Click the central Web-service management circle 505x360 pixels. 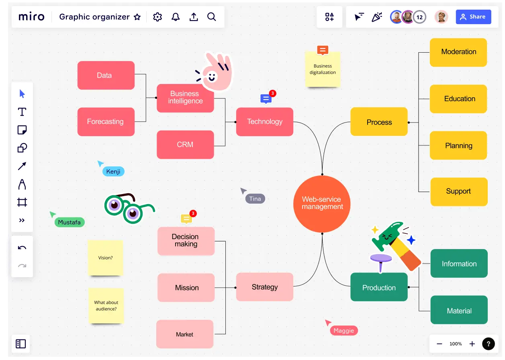[x=322, y=203]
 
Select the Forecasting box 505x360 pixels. [x=106, y=122]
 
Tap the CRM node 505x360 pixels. [x=185, y=145]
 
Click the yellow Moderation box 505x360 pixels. [x=458, y=52]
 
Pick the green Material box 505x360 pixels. [x=459, y=311]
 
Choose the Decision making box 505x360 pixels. [x=186, y=241]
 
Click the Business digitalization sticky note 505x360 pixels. [x=323, y=70]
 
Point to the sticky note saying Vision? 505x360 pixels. [x=105, y=258]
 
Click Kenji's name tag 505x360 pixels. [x=113, y=172]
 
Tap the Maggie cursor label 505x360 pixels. [x=343, y=331]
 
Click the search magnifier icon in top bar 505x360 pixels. [x=212, y=17]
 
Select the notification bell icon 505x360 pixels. [x=176, y=17]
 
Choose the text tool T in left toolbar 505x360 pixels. [x=22, y=112]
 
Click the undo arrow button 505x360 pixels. [x=22, y=247]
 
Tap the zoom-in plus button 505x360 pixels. [x=472, y=344]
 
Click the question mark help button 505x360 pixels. [x=488, y=344]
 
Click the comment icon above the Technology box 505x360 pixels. [x=266, y=98]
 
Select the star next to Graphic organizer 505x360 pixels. [x=137, y=17]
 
